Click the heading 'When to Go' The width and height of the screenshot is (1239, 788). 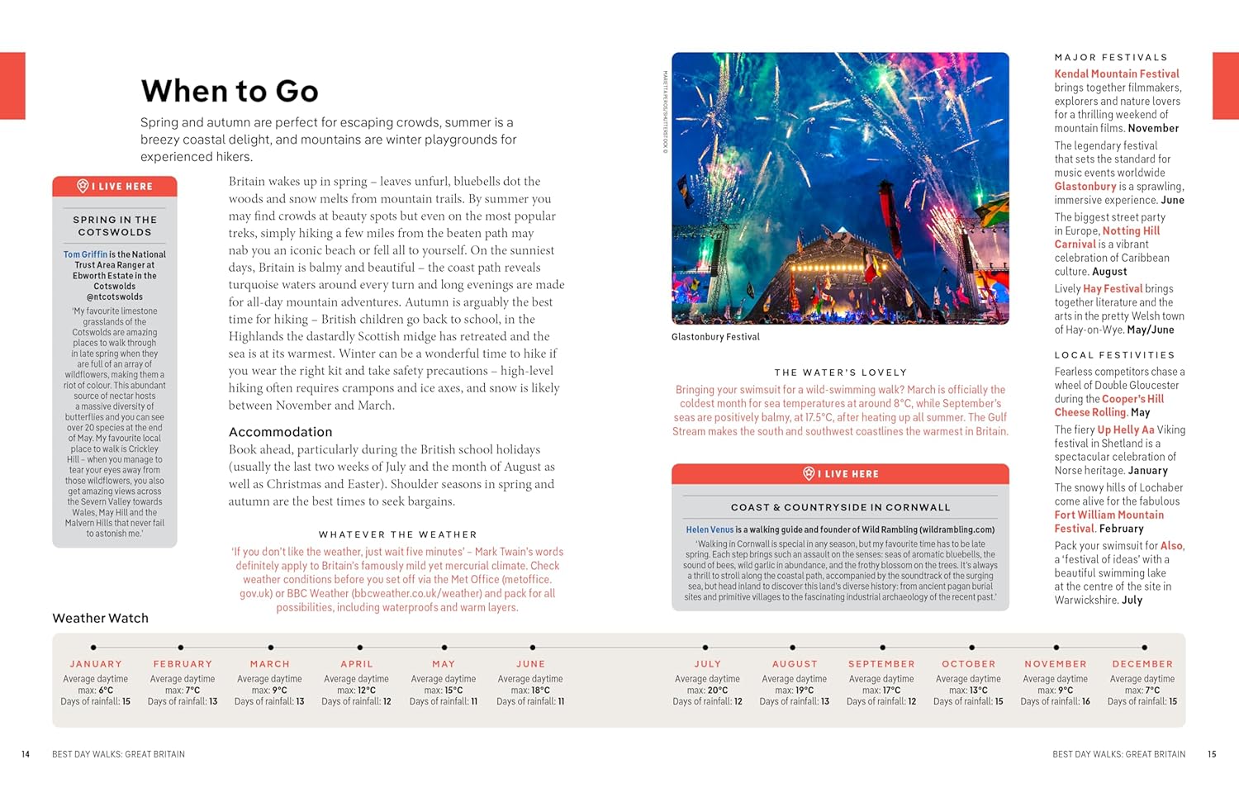coord(230,91)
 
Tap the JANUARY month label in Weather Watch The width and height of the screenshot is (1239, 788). coord(96,664)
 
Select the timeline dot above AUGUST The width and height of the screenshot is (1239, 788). coord(793,648)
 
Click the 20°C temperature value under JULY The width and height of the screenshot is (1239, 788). coord(718,691)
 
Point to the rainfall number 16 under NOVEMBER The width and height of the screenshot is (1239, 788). coord(1085,701)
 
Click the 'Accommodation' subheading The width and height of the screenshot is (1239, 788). coord(280,432)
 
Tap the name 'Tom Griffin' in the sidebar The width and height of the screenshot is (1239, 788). coord(85,254)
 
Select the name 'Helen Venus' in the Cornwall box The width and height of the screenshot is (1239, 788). coord(710,529)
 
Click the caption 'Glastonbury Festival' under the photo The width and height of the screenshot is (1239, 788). coord(715,337)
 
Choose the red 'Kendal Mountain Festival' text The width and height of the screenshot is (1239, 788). coord(1117,74)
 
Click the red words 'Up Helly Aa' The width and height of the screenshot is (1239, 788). coord(1125,430)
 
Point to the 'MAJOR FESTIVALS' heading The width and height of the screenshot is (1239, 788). coord(1111,57)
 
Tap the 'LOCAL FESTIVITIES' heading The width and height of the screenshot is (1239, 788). coord(1114,355)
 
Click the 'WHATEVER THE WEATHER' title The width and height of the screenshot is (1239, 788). coord(397,534)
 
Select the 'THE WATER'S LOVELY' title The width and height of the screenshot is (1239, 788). coord(840,373)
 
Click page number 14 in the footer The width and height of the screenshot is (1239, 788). coord(26,754)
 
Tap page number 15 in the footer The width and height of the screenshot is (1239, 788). coord(1212,754)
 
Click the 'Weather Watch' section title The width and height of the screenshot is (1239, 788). coord(101,618)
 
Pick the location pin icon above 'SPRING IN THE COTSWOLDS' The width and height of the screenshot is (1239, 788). coord(83,187)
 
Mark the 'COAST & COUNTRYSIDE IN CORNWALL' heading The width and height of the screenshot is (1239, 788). coord(840,507)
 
